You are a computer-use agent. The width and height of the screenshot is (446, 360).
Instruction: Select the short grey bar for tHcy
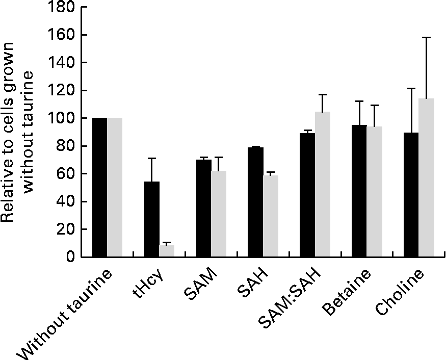coord(167,251)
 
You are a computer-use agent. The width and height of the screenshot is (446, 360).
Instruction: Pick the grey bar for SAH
coord(271,216)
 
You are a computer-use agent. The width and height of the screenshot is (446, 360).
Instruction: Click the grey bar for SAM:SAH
coord(323,184)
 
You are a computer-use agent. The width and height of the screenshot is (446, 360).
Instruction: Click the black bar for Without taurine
coord(100,187)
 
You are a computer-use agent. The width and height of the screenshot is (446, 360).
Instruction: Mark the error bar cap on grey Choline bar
coord(426,37)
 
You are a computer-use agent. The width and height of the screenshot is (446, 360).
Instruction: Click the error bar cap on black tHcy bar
coord(152,158)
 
